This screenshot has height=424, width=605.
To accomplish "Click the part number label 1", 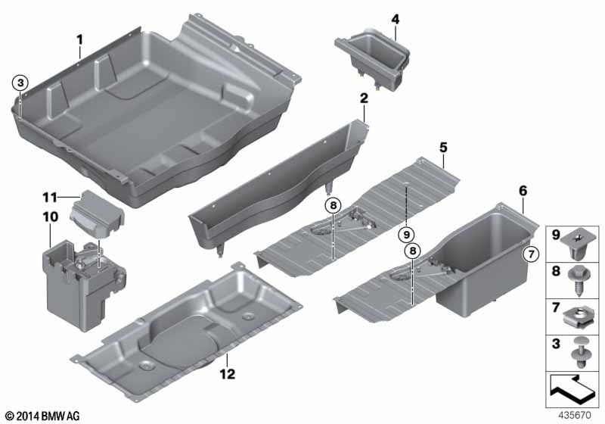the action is pyautogui.click(x=79, y=40).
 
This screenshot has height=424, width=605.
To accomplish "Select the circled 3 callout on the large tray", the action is pyautogui.click(x=20, y=83).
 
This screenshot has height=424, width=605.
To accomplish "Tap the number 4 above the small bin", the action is pyautogui.click(x=395, y=19).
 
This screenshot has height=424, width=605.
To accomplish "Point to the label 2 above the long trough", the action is pyautogui.click(x=364, y=98).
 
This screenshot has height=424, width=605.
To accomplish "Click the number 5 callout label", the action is pyautogui.click(x=443, y=148).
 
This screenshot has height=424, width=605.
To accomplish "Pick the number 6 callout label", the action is pyautogui.click(x=523, y=191).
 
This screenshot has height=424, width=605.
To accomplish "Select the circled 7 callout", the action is pyautogui.click(x=532, y=254).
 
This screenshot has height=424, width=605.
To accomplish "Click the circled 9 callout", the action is pyautogui.click(x=406, y=234).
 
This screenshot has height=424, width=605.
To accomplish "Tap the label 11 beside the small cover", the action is pyautogui.click(x=50, y=198).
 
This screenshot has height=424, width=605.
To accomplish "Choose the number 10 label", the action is pyautogui.click(x=50, y=217).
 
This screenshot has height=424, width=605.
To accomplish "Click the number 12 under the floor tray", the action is pyautogui.click(x=228, y=374).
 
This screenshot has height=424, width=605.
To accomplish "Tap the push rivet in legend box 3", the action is pyautogui.click(x=578, y=353).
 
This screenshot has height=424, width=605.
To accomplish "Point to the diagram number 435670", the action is pyautogui.click(x=575, y=416).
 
